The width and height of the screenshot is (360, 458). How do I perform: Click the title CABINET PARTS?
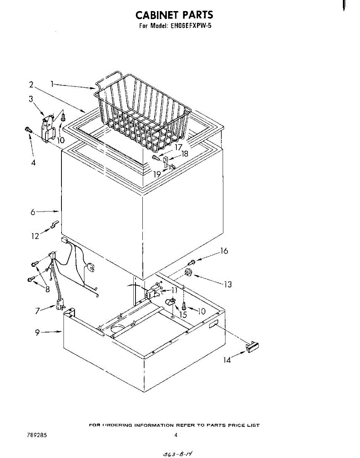click(174, 15)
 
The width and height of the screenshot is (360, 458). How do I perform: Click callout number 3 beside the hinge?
click(31, 99)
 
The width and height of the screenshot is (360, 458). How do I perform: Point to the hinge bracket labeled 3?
click(48, 127)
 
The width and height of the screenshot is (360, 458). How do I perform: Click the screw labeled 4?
click(28, 130)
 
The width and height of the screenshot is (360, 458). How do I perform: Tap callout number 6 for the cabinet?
click(33, 212)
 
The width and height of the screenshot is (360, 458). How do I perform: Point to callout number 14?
click(227, 360)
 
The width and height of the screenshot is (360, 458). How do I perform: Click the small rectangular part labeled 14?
click(252, 347)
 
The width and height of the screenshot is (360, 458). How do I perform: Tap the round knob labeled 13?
click(188, 273)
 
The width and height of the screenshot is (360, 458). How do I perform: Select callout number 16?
click(224, 251)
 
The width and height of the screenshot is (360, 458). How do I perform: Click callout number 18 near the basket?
click(185, 154)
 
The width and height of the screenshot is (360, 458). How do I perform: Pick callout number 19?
click(157, 174)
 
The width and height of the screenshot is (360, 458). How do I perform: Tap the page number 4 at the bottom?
click(176, 435)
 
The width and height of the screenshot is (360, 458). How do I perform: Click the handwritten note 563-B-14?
click(177, 453)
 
